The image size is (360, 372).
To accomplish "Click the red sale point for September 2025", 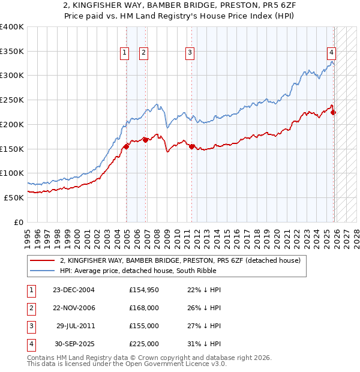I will [x=334, y=112].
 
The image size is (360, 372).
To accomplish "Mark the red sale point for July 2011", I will [x=191, y=146].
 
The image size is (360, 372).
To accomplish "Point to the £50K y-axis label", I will [x=14, y=197].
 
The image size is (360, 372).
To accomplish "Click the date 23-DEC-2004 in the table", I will [x=74, y=290].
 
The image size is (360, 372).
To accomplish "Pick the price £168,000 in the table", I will [x=143, y=308].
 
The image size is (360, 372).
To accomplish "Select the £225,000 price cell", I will [x=143, y=344].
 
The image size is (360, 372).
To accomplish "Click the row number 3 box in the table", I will [x=29, y=326].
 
